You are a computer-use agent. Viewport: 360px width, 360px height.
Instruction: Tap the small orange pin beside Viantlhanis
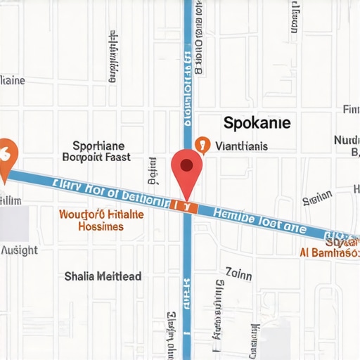click(202, 145)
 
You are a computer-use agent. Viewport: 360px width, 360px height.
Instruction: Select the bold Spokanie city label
click(257, 122)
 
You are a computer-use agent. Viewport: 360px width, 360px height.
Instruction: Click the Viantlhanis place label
click(241, 147)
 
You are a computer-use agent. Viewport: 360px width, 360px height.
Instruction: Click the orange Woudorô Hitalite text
click(101, 214)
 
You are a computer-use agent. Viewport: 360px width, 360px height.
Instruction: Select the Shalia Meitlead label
click(103, 276)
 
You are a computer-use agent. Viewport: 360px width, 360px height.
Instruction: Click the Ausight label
click(20, 250)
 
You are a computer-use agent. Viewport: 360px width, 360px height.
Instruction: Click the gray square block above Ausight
click(14, 224)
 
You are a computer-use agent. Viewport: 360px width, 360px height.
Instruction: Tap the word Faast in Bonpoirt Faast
click(112, 157)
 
